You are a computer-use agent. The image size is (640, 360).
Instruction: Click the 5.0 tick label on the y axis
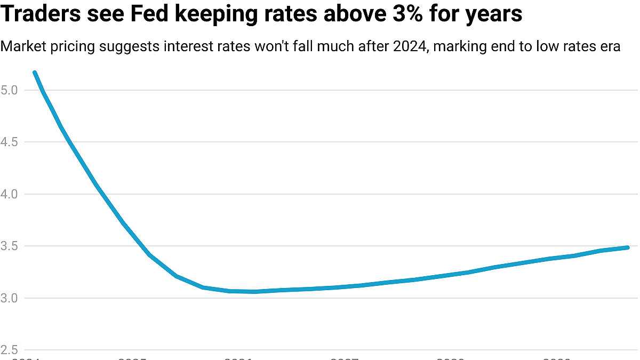pos(10,90)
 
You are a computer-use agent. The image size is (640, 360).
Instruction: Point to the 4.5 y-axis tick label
pos(10,142)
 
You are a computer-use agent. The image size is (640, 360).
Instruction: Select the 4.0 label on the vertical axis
pos(10,194)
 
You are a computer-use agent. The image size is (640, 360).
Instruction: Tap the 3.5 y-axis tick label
pos(10,246)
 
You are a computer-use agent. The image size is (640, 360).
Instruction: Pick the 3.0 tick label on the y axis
pos(10,298)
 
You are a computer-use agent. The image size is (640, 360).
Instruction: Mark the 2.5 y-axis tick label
pos(10,350)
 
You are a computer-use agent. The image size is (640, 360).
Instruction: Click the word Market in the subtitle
pos(20,46)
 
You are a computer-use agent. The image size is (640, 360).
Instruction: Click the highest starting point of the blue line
pos(35,73)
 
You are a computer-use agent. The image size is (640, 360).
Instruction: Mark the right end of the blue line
pos(627,247)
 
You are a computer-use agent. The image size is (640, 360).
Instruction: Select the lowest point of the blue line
pos(255,292)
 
